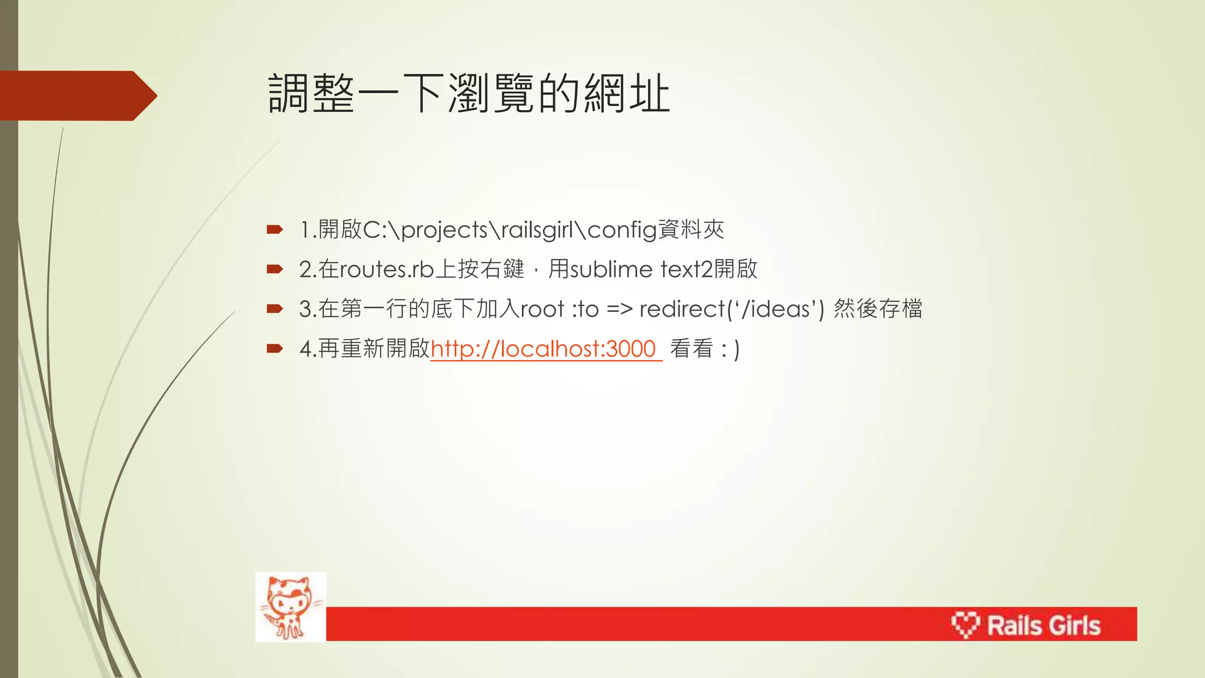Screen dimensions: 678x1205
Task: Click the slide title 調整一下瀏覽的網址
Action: point(469,94)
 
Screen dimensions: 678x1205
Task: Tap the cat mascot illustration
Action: point(291,606)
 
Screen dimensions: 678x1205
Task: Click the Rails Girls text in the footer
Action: point(1043,625)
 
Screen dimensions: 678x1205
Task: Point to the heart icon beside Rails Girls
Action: point(965,624)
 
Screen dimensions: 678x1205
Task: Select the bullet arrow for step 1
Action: point(274,230)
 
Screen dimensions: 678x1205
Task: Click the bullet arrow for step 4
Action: point(274,349)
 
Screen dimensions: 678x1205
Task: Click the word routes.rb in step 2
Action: point(387,270)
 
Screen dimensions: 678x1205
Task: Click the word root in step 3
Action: point(542,309)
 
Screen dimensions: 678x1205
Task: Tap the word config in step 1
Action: point(621,230)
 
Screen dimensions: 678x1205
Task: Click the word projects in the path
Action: point(444,230)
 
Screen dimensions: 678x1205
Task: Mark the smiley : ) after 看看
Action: point(730,349)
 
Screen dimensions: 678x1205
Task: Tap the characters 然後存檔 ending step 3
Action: point(878,309)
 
